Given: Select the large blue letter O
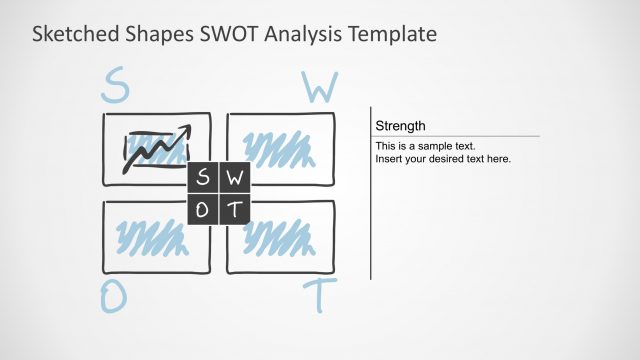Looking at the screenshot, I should (x=112, y=297).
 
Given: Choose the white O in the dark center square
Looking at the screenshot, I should (x=203, y=209).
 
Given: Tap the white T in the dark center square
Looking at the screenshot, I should (x=234, y=209).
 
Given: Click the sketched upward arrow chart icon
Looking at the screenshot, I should (x=154, y=150).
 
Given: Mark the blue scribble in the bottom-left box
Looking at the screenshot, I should (x=150, y=236).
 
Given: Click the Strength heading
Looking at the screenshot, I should (x=400, y=126).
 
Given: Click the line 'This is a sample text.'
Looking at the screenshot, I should (x=425, y=146).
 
